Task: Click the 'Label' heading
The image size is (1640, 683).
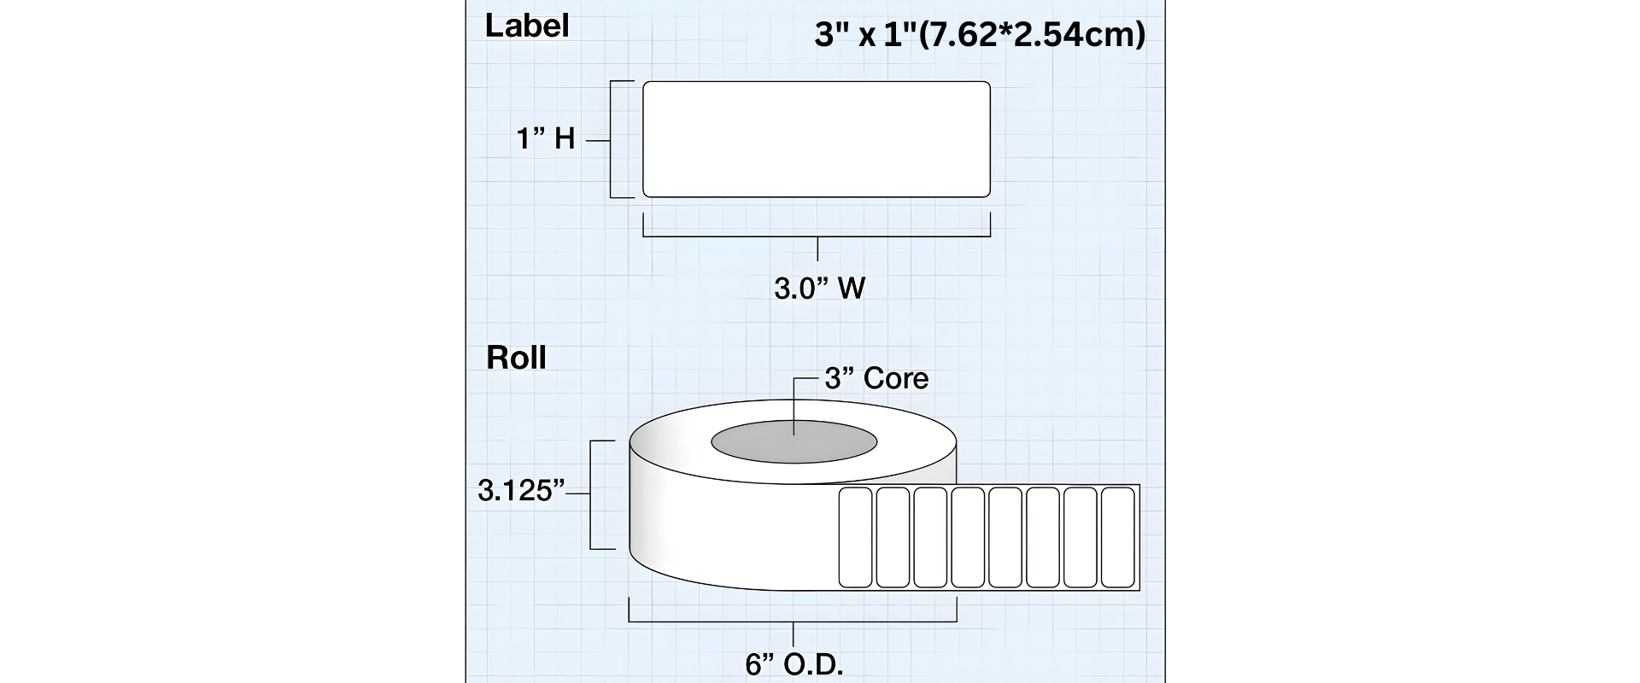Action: click(526, 26)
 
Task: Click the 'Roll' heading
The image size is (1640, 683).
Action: click(516, 358)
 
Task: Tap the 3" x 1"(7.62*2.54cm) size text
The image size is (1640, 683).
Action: click(980, 35)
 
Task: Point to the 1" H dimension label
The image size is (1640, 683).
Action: click(546, 138)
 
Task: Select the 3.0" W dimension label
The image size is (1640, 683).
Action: click(819, 289)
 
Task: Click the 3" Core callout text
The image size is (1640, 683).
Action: click(876, 378)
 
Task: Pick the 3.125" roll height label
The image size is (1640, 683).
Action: click(522, 491)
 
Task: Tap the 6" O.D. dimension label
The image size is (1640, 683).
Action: click(794, 664)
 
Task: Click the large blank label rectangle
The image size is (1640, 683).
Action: click(817, 139)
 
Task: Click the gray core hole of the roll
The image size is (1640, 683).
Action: click(794, 441)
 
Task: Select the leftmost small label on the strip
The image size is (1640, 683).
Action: click(855, 537)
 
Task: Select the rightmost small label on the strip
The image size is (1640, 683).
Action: click(1118, 537)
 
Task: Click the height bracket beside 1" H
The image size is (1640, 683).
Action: click(611, 139)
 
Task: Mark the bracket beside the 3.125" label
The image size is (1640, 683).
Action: click(591, 494)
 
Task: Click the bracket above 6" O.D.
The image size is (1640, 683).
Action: click(794, 622)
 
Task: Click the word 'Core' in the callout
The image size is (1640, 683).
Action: click(896, 378)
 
